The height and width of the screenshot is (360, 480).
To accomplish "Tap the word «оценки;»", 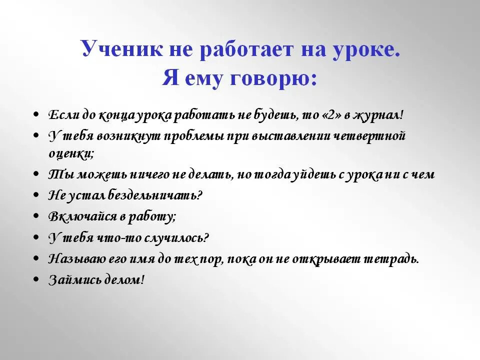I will [x=71, y=153].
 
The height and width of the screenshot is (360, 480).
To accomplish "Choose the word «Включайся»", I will [x=77, y=216].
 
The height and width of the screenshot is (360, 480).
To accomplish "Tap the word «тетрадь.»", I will [x=391, y=259].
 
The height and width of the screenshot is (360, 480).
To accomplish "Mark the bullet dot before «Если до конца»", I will [x=36, y=115].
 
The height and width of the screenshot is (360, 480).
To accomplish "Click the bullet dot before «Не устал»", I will [x=36, y=195].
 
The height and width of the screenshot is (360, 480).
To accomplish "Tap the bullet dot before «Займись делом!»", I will [x=36, y=280].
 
